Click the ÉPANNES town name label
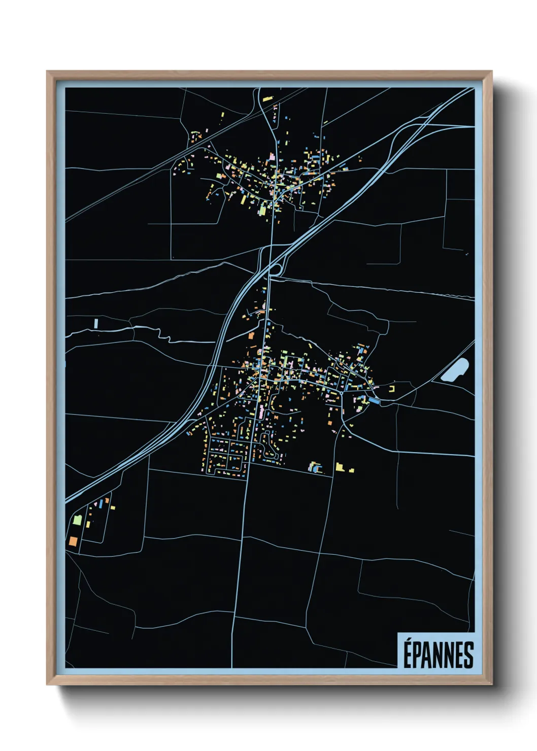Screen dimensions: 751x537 (438, 655)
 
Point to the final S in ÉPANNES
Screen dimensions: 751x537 (468, 655)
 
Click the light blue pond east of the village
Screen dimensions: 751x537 (455, 370)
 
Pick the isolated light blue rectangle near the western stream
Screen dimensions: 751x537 (96, 323)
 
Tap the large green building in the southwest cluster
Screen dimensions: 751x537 (77, 520)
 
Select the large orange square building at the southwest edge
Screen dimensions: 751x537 (73, 541)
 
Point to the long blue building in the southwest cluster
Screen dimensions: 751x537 (100, 504)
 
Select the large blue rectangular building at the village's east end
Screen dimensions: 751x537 (374, 401)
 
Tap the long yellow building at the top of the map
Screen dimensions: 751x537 (267, 96)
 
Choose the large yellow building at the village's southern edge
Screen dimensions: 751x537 (340, 466)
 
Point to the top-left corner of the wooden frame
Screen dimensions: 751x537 (47, 72)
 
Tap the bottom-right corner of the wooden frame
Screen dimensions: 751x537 (491, 684)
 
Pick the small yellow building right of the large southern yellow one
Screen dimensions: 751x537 (352, 470)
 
